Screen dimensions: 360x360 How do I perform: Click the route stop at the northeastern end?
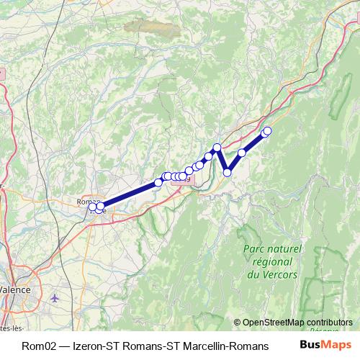click(x=268, y=130)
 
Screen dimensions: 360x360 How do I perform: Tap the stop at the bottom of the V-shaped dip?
click(x=228, y=172)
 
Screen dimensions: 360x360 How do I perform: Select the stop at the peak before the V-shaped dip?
click(x=217, y=148)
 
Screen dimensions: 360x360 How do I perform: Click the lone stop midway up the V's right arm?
click(x=243, y=153)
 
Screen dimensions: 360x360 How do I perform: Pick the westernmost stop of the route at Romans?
click(x=92, y=207)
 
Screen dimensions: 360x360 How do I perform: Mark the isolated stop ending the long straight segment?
click(x=158, y=183)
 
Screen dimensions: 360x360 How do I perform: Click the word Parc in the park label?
click(x=254, y=249)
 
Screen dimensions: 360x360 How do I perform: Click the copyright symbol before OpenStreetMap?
click(x=238, y=323)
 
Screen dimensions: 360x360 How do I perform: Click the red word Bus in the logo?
click(x=310, y=343)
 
